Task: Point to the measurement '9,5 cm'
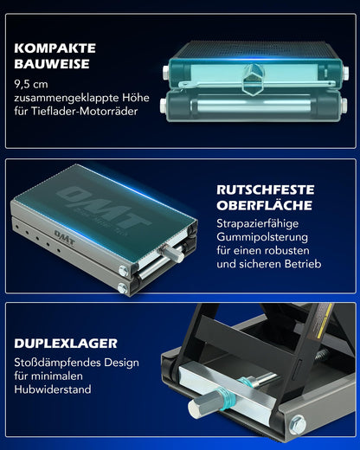[32, 84]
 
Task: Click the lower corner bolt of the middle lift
[124, 286]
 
